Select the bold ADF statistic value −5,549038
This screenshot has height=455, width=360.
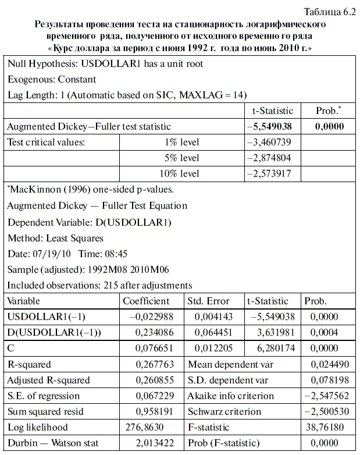point(270,126)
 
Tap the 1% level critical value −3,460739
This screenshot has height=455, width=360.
point(270,141)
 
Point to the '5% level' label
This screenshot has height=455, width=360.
point(181,158)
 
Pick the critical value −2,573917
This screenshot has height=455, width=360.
point(270,173)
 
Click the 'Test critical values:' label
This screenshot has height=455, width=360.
point(46,141)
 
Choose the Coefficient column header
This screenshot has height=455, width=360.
point(146,301)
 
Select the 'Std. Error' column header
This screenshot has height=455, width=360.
point(208,301)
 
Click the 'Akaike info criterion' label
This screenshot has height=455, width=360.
point(230,396)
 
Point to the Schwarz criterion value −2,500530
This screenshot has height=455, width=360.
point(329,411)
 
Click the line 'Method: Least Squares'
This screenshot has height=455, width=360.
point(55,237)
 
